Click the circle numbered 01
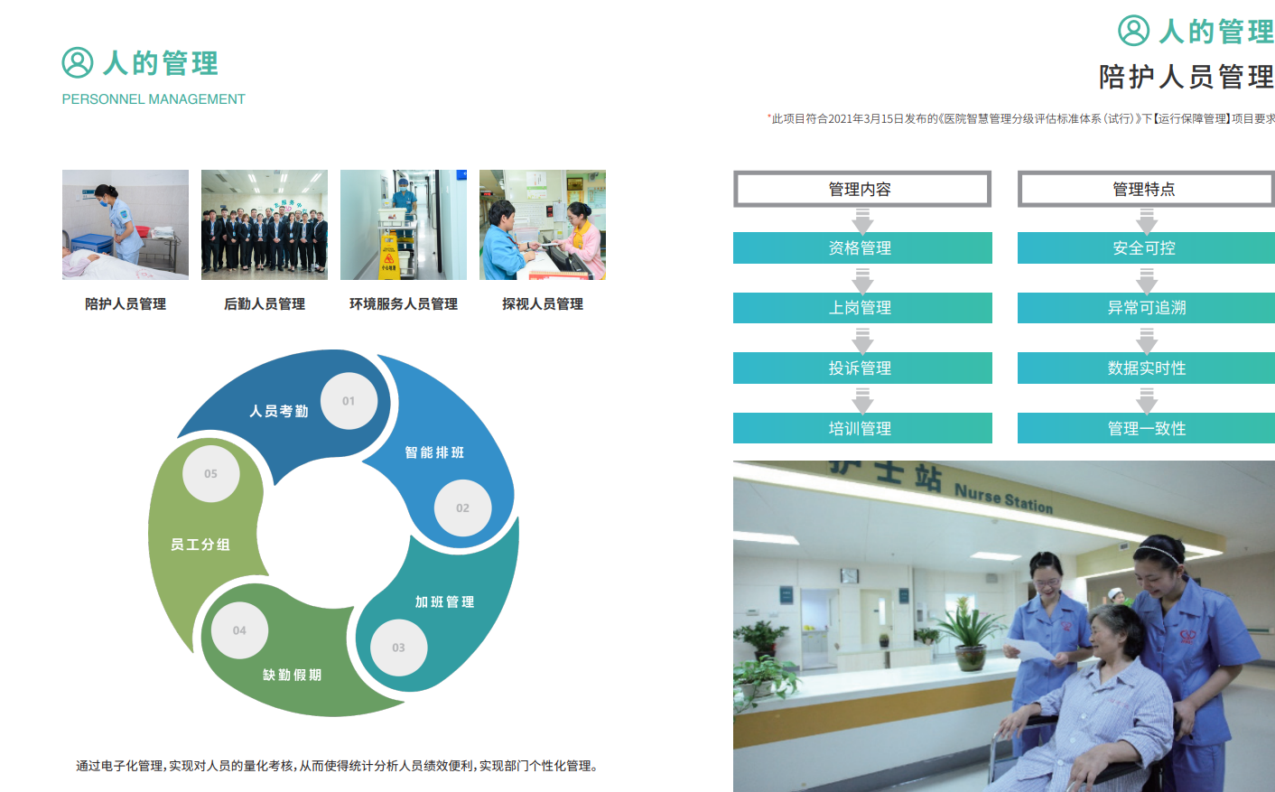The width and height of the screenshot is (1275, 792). pos(349,401)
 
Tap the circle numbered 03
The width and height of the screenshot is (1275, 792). pos(398,648)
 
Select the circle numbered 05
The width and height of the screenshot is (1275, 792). pos(210,474)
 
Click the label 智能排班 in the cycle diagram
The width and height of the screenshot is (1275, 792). pos(434,452)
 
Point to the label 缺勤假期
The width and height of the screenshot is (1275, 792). pos(292,676)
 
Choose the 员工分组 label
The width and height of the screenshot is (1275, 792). pos(200,545)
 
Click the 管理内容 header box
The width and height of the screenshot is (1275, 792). pos(861,189)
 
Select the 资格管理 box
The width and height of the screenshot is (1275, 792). pos(862,247)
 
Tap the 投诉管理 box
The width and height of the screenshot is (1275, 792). pos(862,368)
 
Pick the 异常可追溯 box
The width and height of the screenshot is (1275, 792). pos(1147,308)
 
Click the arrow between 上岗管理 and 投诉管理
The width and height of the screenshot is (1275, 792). pos(862,340)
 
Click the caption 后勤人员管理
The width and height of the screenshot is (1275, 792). pos(265,304)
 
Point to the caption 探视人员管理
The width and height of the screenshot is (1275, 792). pos(543,304)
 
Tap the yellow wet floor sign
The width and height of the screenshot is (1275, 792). pos(389,257)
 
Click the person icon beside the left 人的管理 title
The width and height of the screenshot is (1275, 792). pos(78,62)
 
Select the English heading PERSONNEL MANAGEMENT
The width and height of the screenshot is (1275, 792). pos(154,99)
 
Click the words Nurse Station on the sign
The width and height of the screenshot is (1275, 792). pos(1003,498)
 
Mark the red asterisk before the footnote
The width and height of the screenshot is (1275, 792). pos(769,116)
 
